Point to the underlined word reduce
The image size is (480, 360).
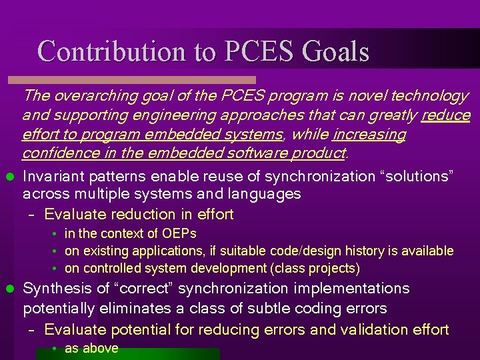point(446,115)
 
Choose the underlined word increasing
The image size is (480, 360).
point(369,135)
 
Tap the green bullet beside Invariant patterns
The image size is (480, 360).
point(9,177)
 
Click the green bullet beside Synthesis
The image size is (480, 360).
point(9,289)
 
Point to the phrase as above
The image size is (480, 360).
point(91,348)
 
